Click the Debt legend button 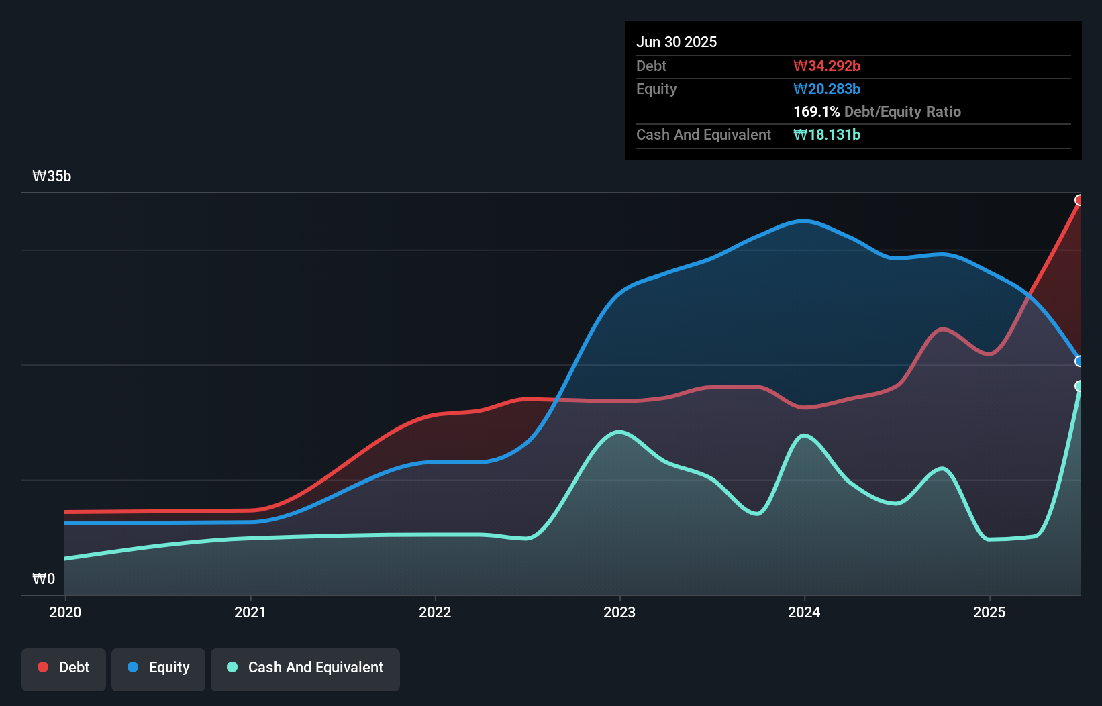64,668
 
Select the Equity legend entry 158,668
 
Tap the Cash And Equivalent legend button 305,668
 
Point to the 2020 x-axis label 65,612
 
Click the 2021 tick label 250,612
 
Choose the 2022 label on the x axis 435,612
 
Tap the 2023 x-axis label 619,612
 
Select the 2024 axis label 804,612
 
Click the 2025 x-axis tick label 989,612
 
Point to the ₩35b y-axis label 52,176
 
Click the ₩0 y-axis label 44,578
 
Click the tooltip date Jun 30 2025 677,42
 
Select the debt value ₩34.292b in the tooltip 827,66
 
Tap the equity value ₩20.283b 827,89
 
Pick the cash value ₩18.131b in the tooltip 827,134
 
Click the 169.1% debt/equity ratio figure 816,111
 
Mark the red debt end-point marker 1079,200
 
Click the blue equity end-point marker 1079,361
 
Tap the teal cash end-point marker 1079,386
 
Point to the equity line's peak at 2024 804,221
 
